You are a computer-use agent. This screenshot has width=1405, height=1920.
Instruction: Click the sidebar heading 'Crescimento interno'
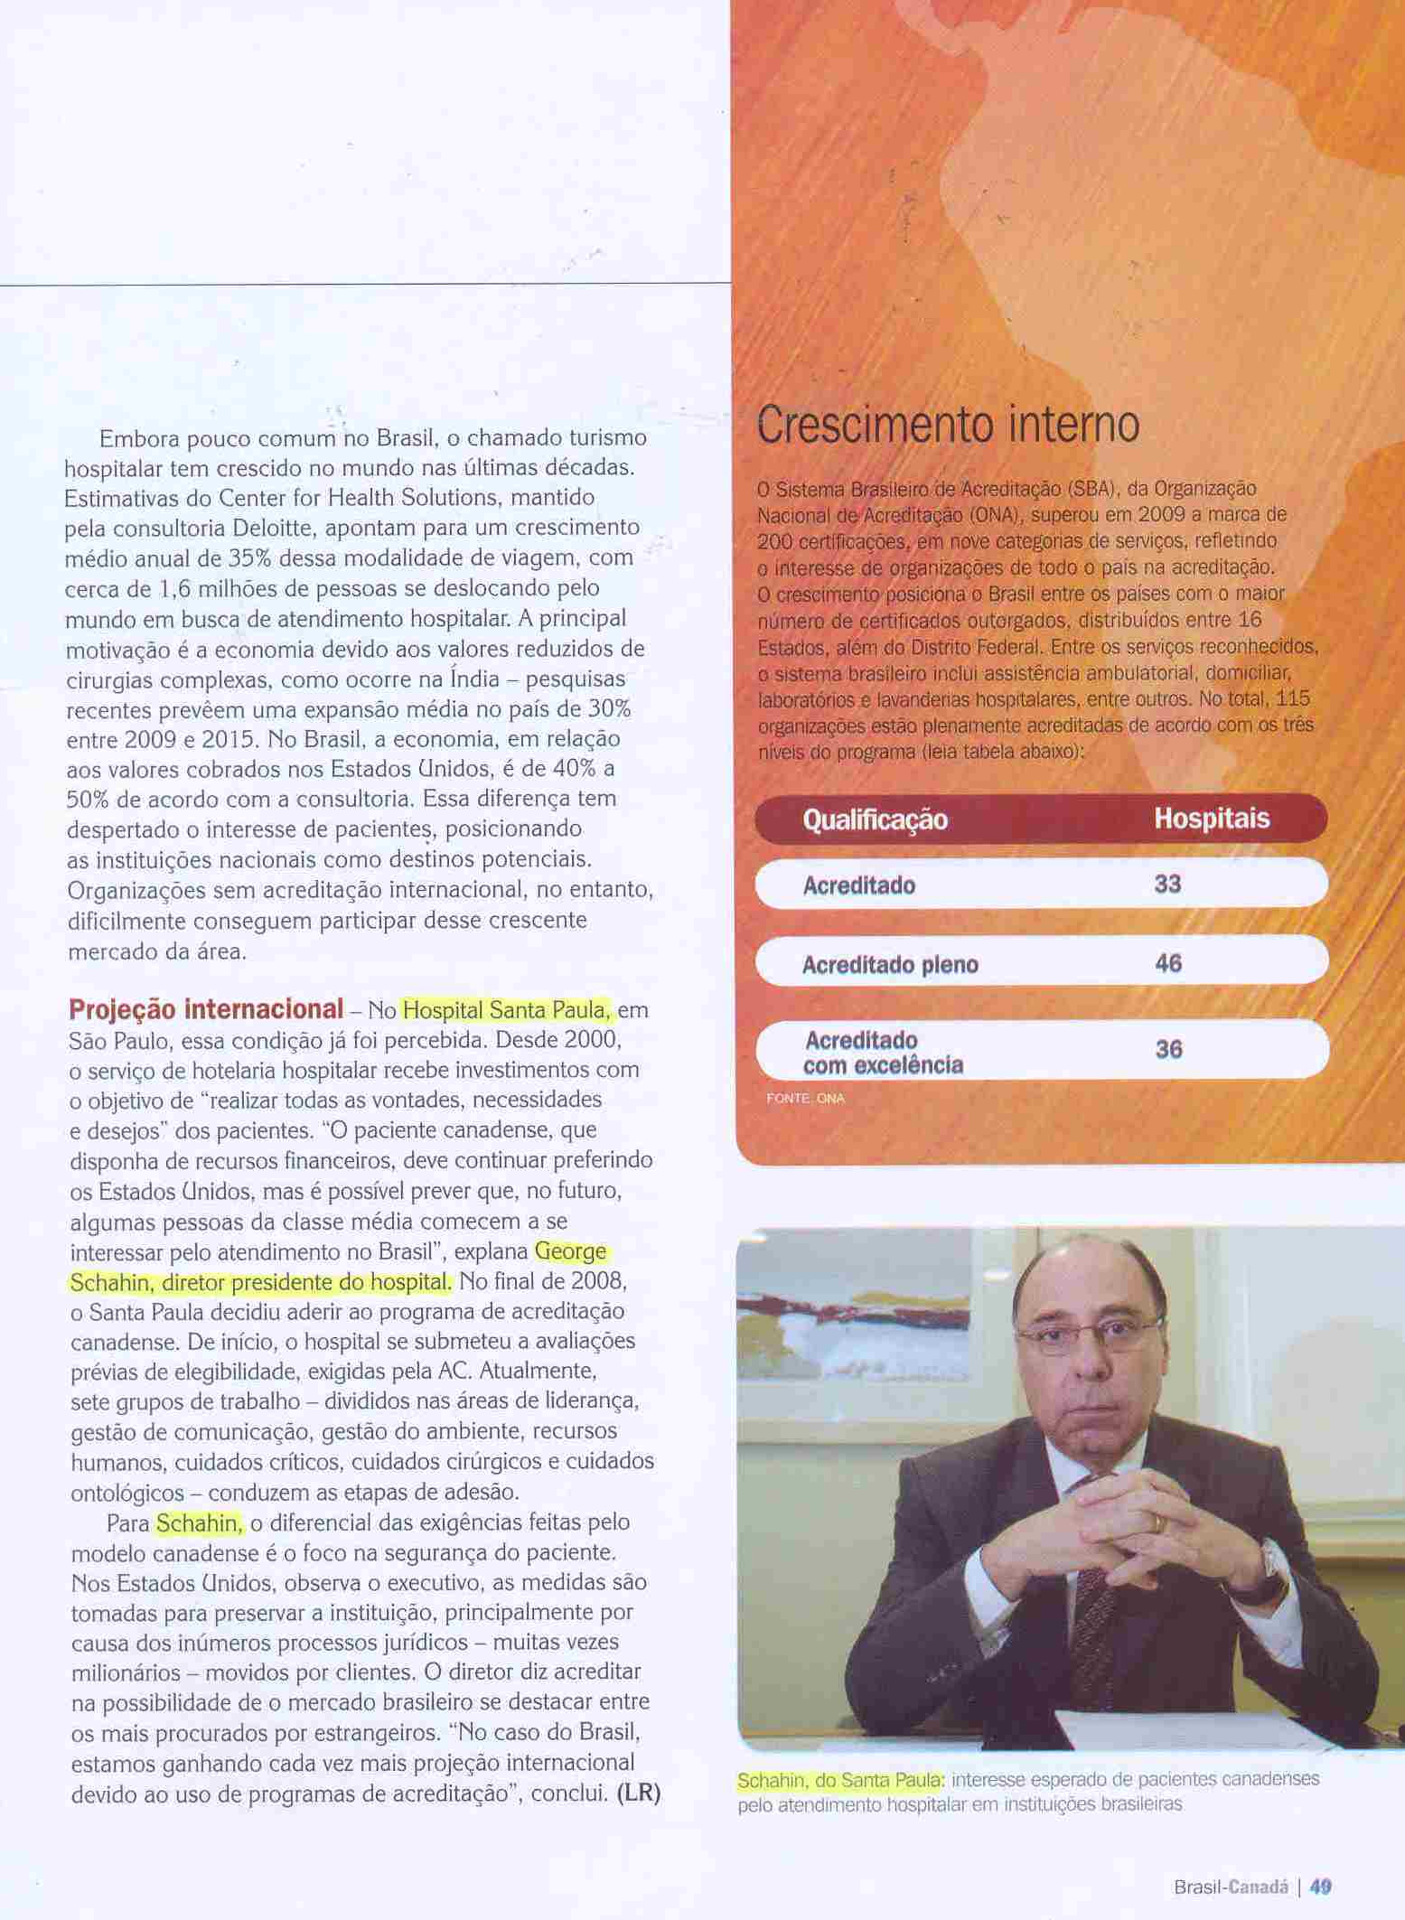coord(948,425)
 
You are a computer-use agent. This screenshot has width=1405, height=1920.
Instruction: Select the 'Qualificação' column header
coord(875,820)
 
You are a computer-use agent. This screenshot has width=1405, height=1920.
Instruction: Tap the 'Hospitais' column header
coord(1211,819)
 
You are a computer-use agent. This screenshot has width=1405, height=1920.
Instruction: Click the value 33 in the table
coord(1167,884)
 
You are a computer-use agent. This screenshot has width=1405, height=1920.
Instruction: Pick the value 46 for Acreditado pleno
coord(1167,963)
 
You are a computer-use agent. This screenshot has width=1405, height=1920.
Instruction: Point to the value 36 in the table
coord(1167,1049)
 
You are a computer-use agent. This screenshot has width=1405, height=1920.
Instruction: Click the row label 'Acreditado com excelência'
coord(883,1053)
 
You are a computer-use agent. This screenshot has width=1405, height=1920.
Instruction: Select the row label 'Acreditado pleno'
coord(890,965)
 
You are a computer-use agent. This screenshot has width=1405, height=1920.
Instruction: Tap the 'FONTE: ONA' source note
coord(804,1099)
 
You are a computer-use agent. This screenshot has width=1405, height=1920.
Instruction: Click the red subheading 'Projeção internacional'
coord(206,1008)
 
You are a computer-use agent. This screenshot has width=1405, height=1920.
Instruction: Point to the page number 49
coord(1321,1887)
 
